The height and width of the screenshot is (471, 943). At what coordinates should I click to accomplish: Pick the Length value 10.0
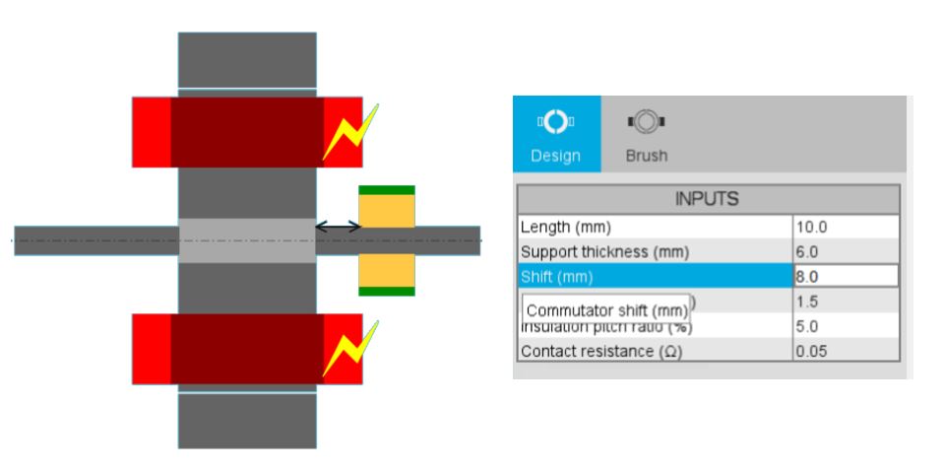click(x=846, y=227)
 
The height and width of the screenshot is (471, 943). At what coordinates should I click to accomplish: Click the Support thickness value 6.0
click(x=846, y=251)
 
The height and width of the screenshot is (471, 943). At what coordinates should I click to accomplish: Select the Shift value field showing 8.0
click(x=846, y=276)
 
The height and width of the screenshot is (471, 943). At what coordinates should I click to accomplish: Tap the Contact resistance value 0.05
click(x=846, y=352)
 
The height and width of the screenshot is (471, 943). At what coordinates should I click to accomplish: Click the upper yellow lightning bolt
click(x=348, y=133)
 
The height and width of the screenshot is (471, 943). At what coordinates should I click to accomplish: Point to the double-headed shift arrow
click(x=338, y=227)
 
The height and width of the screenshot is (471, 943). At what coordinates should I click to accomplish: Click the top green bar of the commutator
click(x=386, y=190)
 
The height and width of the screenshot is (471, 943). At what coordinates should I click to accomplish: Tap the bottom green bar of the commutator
click(x=386, y=291)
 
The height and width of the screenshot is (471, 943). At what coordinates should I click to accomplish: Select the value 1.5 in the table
click(x=846, y=302)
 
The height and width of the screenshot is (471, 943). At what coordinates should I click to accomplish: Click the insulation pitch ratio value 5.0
click(x=846, y=326)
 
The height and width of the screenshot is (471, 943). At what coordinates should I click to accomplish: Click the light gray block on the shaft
click(x=247, y=240)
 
